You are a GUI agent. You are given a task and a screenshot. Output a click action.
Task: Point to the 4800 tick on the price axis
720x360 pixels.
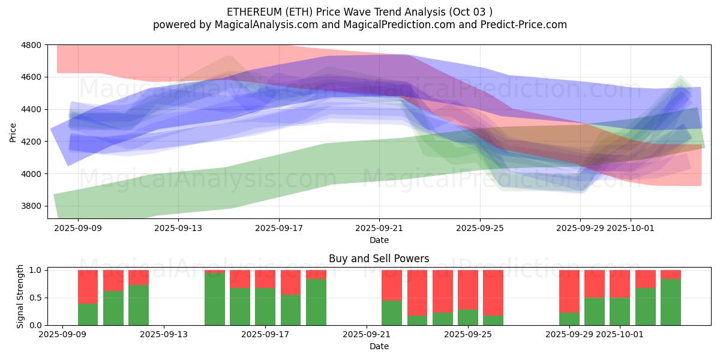(32, 45)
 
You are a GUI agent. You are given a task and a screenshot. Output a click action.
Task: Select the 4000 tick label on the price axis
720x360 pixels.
(32, 174)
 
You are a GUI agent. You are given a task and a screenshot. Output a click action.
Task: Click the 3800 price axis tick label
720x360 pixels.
(32, 206)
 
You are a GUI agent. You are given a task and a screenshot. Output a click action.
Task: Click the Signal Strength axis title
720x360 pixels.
(20, 297)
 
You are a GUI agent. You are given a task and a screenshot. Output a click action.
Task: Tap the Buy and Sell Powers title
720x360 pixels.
(379, 259)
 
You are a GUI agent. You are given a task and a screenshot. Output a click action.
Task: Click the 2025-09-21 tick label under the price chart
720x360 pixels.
(379, 228)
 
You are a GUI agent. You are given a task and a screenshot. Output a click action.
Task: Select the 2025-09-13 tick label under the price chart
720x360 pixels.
(178, 228)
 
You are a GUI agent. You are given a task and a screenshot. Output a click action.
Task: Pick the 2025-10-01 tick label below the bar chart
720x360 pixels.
(630, 334)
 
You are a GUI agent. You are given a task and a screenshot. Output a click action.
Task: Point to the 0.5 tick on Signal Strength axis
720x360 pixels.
(35, 298)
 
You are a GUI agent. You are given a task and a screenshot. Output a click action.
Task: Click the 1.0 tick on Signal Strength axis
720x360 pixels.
(35, 271)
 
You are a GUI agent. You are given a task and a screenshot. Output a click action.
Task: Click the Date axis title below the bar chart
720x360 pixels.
(379, 346)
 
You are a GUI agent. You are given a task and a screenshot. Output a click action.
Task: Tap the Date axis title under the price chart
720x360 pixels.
(379, 240)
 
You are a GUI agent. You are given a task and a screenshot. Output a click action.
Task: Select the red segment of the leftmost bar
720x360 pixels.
(88, 286)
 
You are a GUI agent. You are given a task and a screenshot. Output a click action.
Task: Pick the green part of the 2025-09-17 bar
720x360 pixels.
(265, 307)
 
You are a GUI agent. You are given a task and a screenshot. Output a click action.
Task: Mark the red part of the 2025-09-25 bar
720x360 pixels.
(468, 290)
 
